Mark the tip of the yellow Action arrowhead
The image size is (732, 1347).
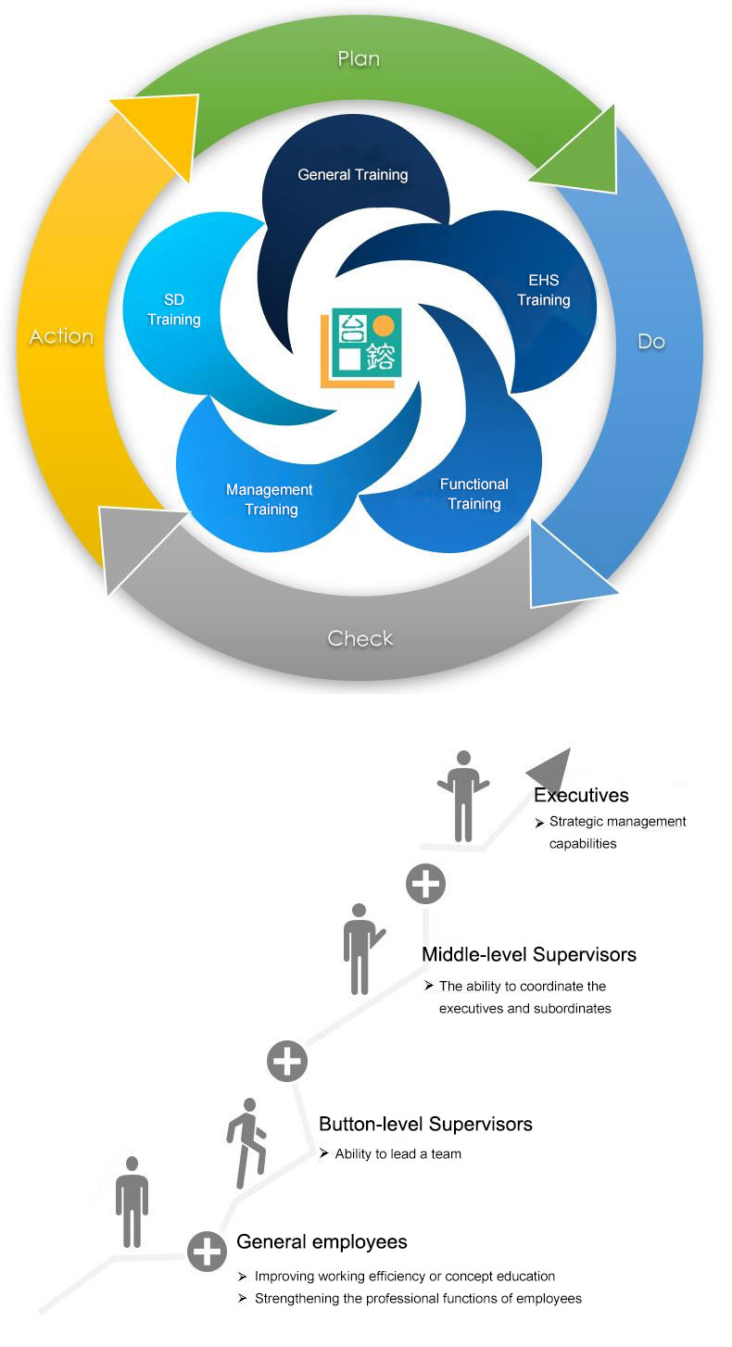(198, 95)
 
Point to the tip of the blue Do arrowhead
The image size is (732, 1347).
(618, 593)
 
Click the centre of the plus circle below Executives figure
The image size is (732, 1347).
(426, 884)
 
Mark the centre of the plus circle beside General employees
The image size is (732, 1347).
(207, 1252)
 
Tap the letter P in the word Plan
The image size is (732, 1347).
(344, 59)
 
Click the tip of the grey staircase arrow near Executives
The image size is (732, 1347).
(570, 748)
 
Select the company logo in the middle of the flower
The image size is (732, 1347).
(360, 347)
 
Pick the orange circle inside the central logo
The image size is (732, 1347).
(384, 326)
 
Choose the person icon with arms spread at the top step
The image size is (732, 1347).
(463, 796)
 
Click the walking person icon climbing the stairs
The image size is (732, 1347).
(246, 1142)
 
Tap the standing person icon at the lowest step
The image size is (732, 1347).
(133, 1202)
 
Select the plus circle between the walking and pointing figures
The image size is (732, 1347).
(287, 1061)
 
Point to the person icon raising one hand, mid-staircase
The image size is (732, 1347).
(362, 949)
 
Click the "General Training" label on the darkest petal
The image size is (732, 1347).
(353, 174)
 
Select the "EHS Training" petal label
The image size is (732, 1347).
(544, 290)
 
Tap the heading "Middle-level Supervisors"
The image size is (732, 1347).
(529, 954)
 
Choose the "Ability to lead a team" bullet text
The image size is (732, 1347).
(398, 1153)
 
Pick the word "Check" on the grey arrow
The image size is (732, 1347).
(360, 638)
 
